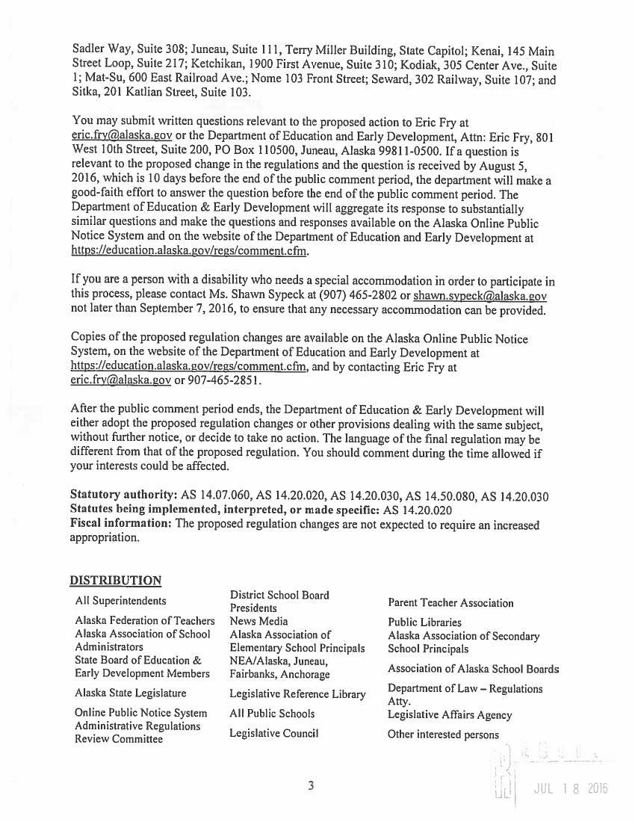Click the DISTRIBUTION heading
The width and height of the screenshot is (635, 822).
115,581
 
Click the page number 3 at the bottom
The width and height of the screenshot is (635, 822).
312,785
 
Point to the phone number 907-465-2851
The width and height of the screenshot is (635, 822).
226,380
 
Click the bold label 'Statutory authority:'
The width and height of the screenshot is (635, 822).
123,495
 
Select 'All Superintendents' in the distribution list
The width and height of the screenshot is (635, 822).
120,601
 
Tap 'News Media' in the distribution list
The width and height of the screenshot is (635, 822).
258,621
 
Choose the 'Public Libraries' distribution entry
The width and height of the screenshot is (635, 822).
424,622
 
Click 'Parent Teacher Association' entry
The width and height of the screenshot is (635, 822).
450,602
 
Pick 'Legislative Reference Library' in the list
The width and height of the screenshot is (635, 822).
297,694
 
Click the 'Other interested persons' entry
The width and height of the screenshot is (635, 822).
443,735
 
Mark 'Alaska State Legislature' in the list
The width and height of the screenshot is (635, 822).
130,693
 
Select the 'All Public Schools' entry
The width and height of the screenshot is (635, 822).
272,714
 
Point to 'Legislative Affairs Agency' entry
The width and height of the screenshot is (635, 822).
450,715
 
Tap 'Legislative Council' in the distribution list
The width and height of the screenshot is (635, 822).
274,733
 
